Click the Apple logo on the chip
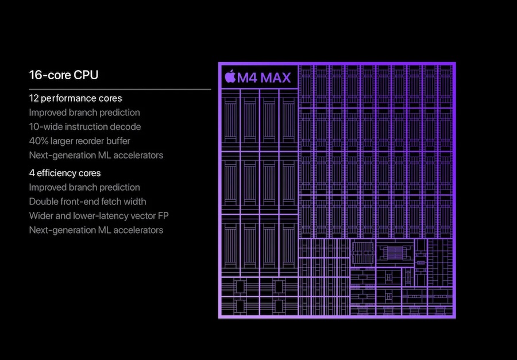coord(230,77)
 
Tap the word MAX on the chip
coord(276,78)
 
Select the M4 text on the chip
coord(247,78)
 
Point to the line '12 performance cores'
coord(75,98)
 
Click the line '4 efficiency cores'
coord(64,173)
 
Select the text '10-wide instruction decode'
coord(85,127)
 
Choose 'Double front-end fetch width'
coord(87,202)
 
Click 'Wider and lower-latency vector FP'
coord(99,216)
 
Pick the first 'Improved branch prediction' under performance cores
coord(84,113)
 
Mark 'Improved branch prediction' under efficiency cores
coord(84,187)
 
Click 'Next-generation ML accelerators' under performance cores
coord(96,156)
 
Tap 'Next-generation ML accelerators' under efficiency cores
coord(96,230)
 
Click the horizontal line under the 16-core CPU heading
coord(120,89)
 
